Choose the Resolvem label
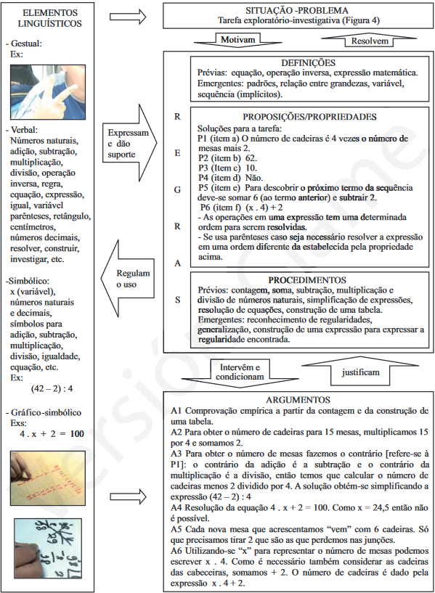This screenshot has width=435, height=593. (x=372, y=41)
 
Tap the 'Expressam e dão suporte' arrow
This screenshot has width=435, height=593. (x=131, y=138)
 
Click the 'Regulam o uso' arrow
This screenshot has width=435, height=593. (x=131, y=279)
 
